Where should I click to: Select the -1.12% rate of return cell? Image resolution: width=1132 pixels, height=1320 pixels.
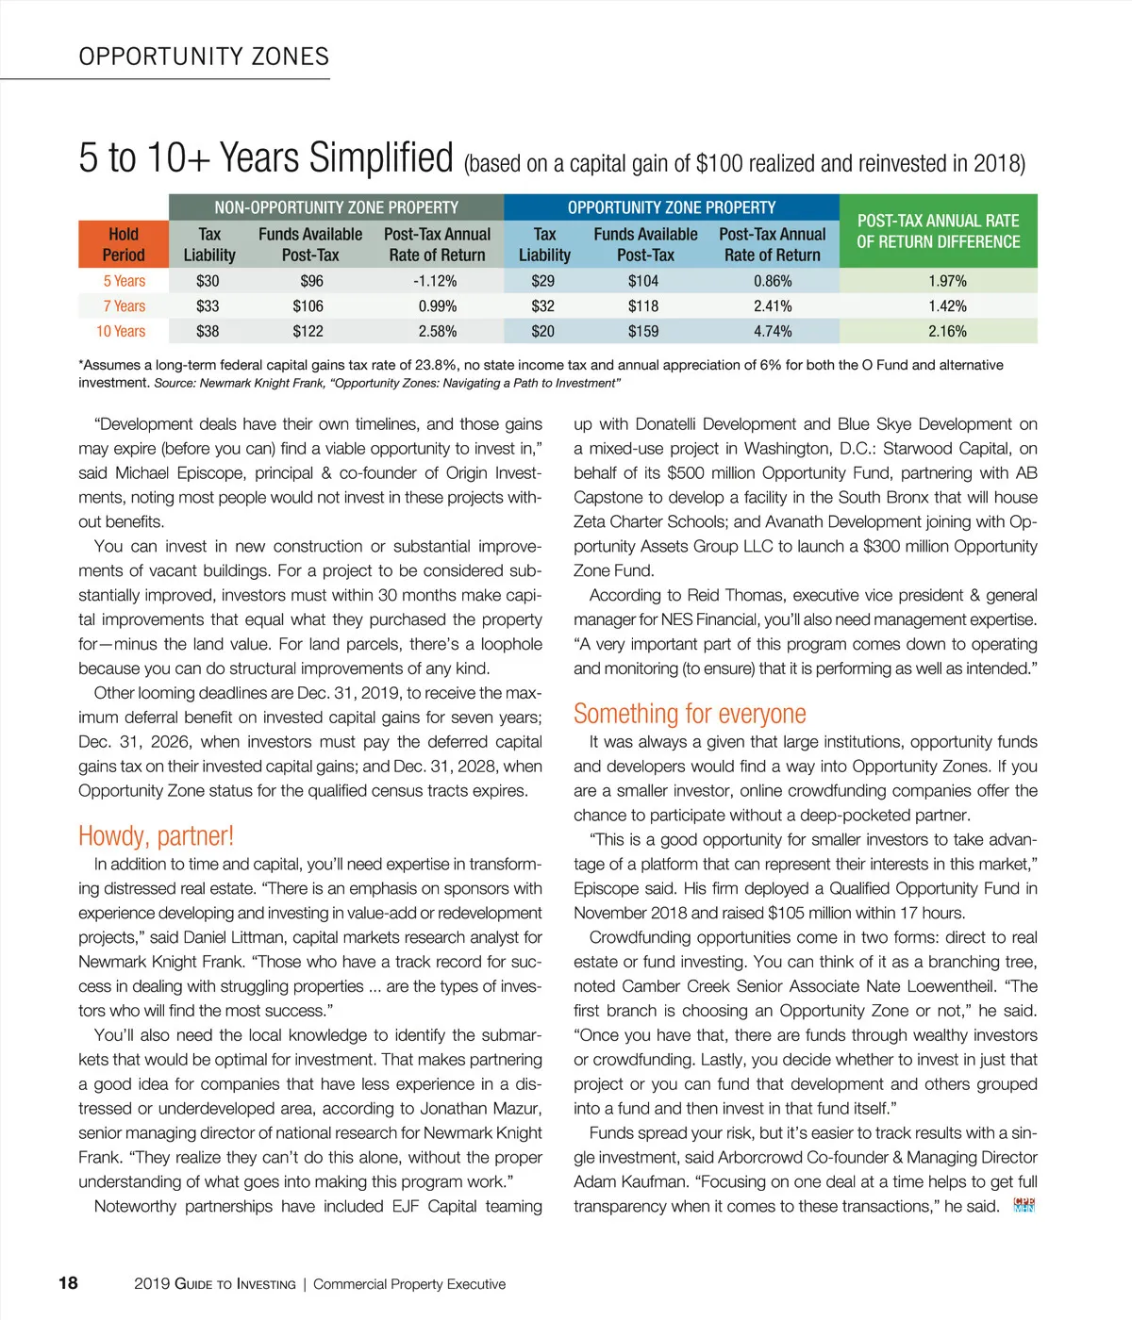(x=435, y=281)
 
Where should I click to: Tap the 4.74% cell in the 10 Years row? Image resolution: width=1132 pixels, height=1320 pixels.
(x=773, y=331)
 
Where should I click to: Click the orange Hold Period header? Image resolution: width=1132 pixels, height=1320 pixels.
(x=124, y=244)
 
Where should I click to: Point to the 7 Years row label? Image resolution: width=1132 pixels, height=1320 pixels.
(x=125, y=305)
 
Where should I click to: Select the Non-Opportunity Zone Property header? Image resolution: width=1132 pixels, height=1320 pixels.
(x=336, y=207)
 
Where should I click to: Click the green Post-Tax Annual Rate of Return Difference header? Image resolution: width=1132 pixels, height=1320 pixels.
(x=938, y=231)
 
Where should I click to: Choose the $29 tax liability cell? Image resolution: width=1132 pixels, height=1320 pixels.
(x=543, y=281)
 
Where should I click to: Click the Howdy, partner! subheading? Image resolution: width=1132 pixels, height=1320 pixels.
(x=156, y=835)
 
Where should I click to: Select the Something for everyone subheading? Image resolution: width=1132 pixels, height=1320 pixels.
(x=690, y=714)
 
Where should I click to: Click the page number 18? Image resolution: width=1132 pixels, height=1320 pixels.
(x=69, y=1282)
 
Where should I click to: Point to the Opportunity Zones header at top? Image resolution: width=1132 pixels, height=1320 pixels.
(x=204, y=57)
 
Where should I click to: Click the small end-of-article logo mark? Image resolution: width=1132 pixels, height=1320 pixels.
(x=1024, y=1205)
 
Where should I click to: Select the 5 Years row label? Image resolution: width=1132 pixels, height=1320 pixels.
(x=125, y=281)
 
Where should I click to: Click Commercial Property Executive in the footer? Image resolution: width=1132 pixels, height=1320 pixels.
(x=409, y=1284)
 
